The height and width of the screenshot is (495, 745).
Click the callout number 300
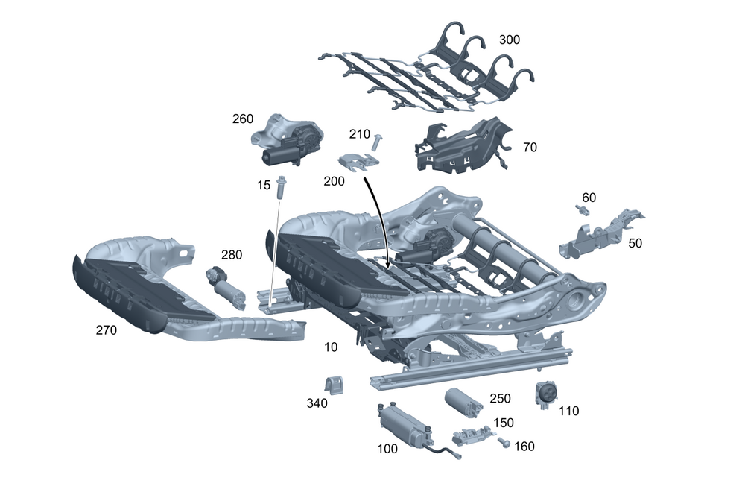pos(510,40)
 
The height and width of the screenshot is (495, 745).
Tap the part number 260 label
pos(243,119)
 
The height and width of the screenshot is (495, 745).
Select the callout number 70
pos(530,148)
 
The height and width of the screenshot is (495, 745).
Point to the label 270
pos(106,330)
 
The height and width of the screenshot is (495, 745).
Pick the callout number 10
pos(331,347)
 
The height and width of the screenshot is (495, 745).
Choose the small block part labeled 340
pos(335,386)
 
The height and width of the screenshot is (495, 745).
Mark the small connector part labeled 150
pos(472,435)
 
